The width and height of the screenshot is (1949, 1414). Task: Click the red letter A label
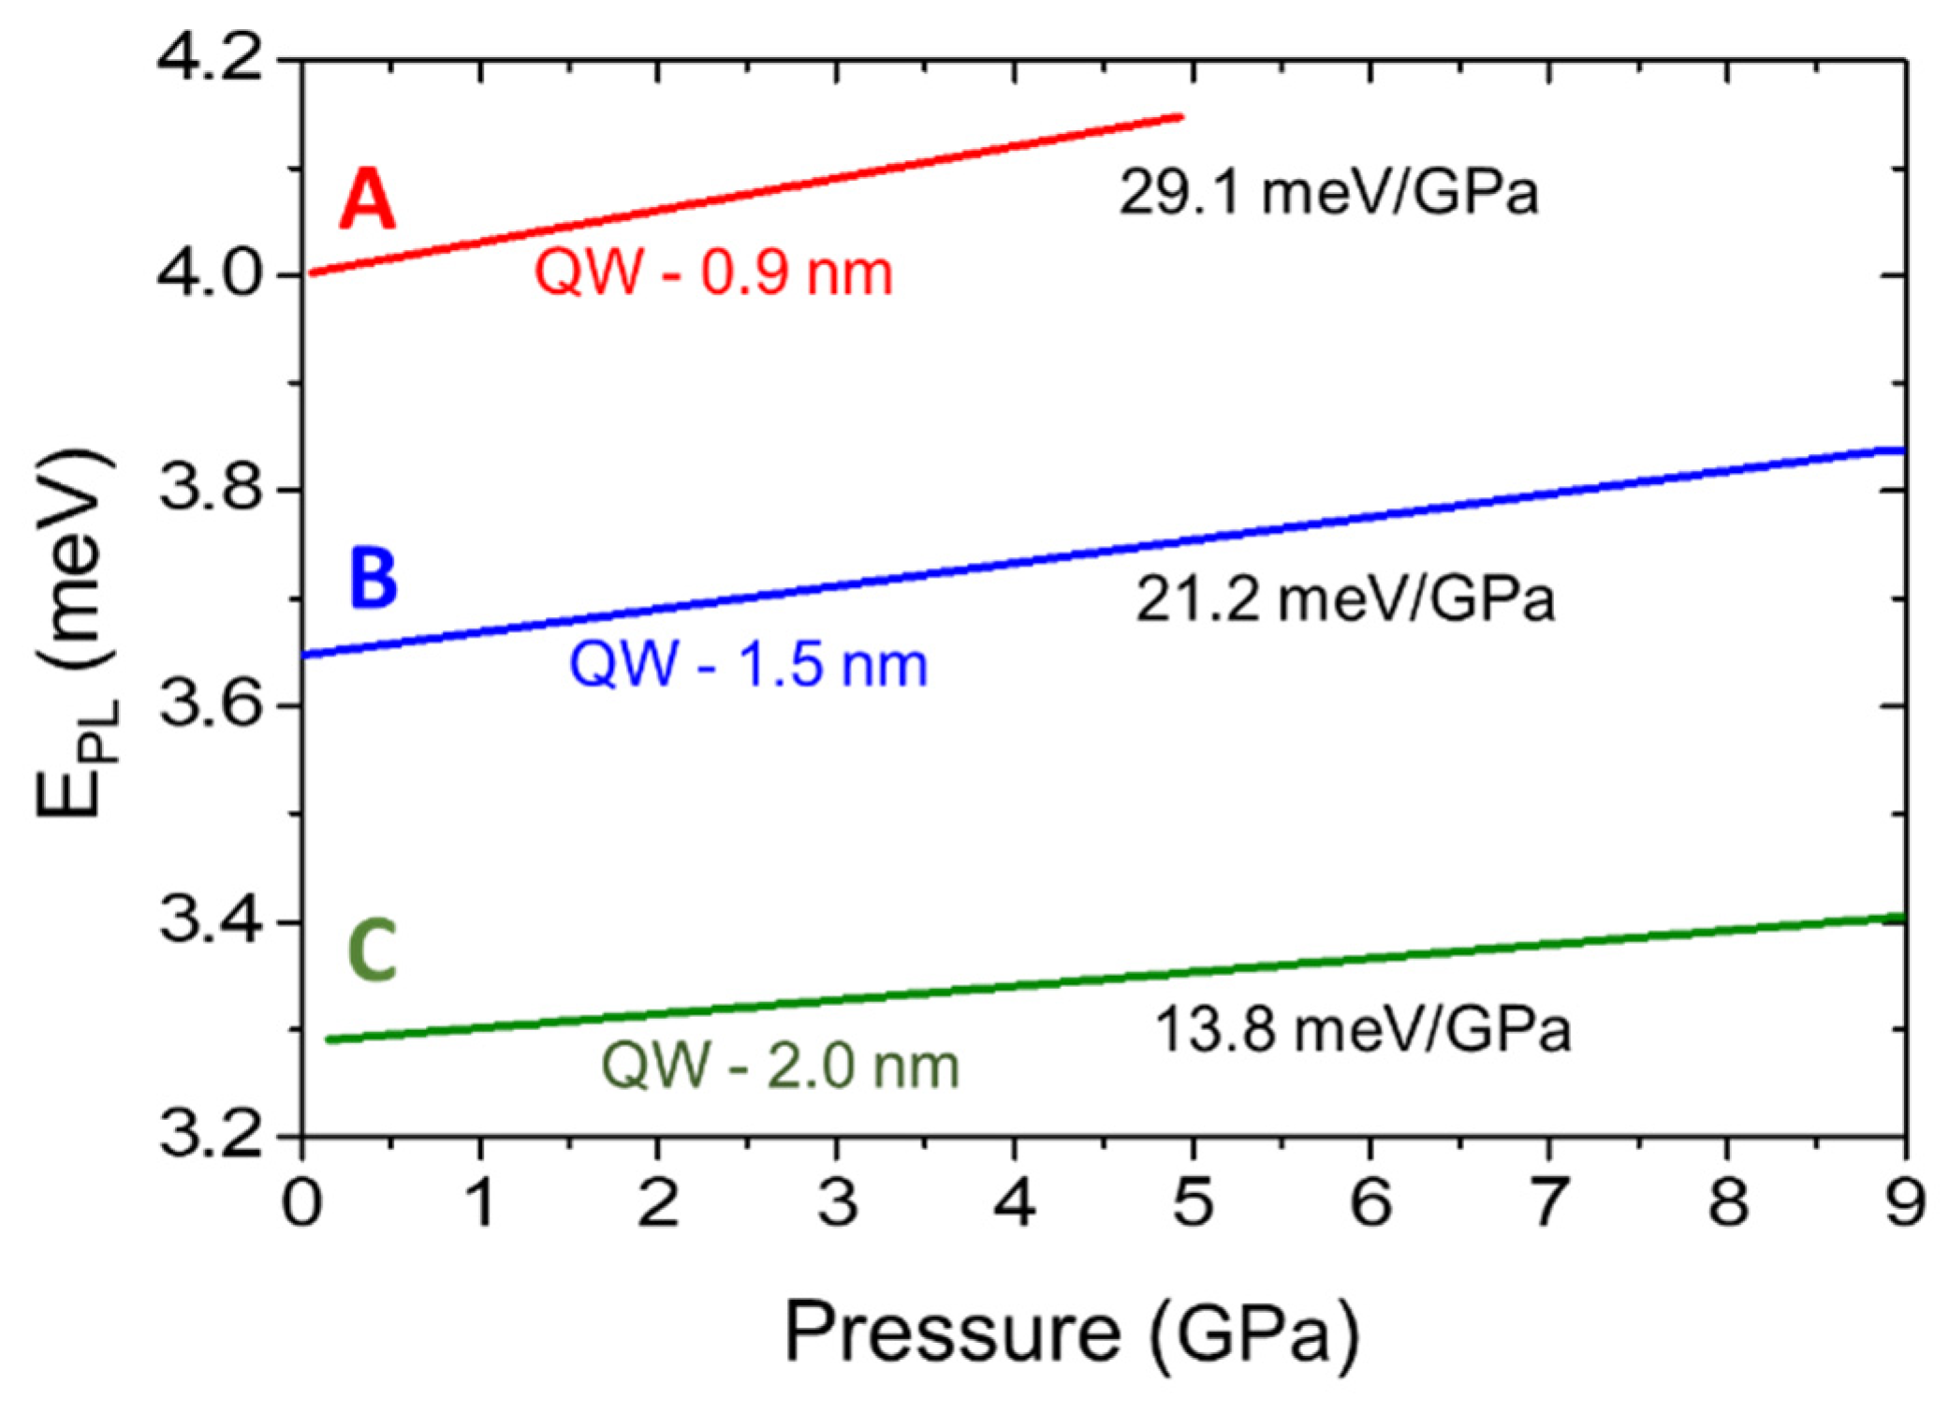(x=367, y=199)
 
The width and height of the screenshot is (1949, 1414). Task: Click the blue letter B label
(x=374, y=579)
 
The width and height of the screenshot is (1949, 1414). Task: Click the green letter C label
(x=373, y=950)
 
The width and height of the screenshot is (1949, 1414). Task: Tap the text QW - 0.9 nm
(x=713, y=273)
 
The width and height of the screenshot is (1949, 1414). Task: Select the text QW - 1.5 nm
(x=748, y=665)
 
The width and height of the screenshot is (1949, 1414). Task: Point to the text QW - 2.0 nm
(x=780, y=1067)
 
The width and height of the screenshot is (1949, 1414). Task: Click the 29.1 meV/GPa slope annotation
(x=1328, y=193)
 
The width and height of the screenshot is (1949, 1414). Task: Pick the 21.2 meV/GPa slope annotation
(x=1345, y=599)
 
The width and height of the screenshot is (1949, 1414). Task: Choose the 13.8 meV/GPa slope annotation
(x=1363, y=1029)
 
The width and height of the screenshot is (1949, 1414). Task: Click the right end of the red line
(x=1181, y=117)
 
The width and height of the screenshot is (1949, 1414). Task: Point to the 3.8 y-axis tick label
(x=208, y=489)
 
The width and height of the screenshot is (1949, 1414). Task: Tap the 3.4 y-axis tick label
(x=208, y=921)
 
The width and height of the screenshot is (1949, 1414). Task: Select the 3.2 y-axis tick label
(x=208, y=1135)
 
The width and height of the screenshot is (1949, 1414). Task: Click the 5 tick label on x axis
(x=1193, y=1202)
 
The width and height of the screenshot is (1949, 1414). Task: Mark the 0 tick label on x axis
(x=302, y=1202)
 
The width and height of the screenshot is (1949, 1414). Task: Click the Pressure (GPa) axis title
(x=1072, y=1333)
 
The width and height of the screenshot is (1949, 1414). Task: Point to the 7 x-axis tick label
(x=1549, y=1202)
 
